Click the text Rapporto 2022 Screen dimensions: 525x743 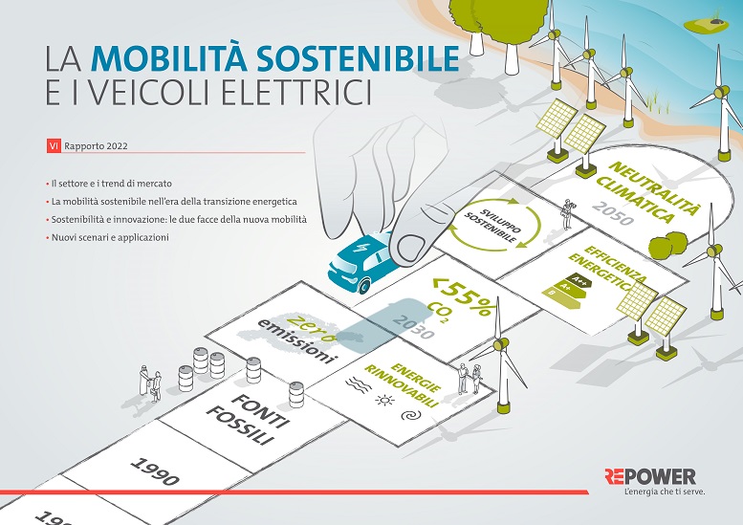pyautogui.click(x=97, y=147)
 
